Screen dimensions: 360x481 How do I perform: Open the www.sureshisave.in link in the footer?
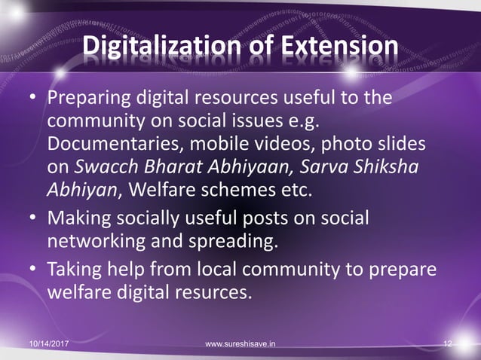(240, 344)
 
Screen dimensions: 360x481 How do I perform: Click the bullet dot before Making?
(34, 219)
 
